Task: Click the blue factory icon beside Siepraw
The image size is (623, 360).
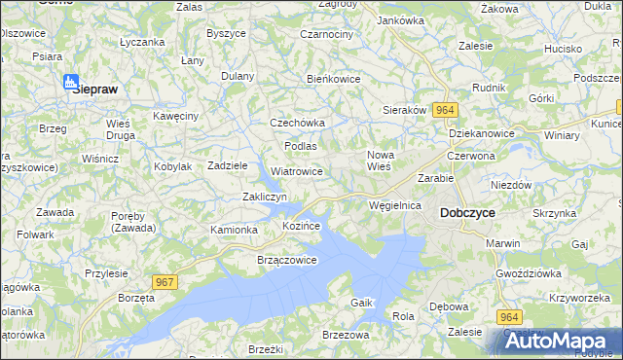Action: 71,83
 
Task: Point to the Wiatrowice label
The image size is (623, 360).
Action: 297,171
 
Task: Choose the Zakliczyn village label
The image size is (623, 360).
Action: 264,198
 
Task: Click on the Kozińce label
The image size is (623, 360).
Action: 301,225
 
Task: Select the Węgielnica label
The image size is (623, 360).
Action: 394,205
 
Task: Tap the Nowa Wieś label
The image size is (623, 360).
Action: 380,161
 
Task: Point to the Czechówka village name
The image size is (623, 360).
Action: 297,123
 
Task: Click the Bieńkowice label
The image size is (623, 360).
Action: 334,79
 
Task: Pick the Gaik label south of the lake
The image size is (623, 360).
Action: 362,303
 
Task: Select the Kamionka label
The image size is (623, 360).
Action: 234,230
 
